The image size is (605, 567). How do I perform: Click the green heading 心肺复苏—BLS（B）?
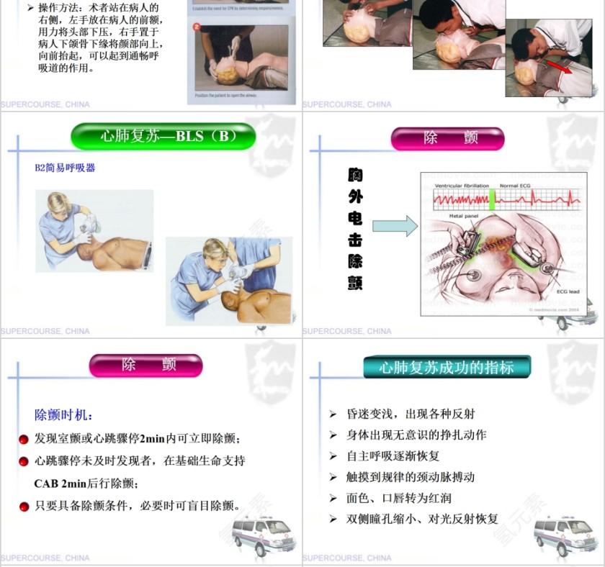tap(163, 136)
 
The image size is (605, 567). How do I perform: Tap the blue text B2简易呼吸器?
tap(65, 168)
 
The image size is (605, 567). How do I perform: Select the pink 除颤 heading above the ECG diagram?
tap(447, 138)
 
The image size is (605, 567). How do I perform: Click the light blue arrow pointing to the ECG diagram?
tap(395, 226)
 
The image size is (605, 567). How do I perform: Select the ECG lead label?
tap(568, 293)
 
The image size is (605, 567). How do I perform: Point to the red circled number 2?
tap(197, 27)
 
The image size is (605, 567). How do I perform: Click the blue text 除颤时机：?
tap(64, 415)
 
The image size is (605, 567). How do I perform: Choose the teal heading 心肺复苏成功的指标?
tap(447, 368)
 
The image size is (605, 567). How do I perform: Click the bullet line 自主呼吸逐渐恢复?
tap(393, 456)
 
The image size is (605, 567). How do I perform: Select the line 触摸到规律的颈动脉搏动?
tap(411, 477)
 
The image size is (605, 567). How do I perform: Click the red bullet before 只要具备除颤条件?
tap(24, 507)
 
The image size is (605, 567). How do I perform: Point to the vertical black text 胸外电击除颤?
tap(355, 229)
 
